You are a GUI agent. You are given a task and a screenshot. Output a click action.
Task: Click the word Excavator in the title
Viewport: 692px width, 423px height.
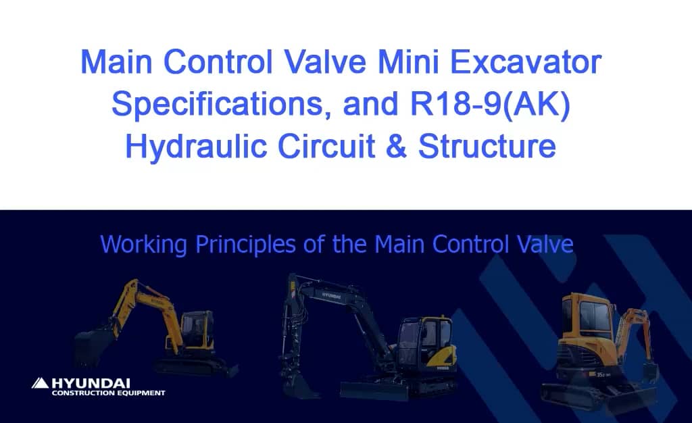click(524, 64)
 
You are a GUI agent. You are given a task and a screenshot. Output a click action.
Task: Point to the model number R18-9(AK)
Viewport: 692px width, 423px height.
click(473, 105)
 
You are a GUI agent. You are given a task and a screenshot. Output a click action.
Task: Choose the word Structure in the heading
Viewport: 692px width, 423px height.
click(487, 147)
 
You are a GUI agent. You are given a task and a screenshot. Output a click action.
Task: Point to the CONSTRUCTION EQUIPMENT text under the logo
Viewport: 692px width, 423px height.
click(108, 393)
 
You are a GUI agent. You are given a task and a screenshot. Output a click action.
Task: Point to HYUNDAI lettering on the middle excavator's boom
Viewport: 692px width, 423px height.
click(331, 295)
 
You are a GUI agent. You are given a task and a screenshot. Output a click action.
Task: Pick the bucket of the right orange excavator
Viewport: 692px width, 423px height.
click(649, 371)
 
